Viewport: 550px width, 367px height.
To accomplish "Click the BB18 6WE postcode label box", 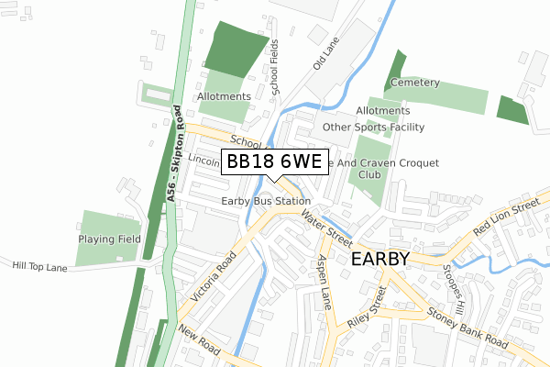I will (272, 162).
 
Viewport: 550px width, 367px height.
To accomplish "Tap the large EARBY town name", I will (379, 260).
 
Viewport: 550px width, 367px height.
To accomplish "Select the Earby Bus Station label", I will (266, 201).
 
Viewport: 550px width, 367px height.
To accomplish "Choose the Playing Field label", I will (107, 237).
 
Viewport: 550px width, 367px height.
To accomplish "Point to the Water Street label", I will (326, 228).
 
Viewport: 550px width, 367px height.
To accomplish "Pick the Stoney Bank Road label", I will (467, 328).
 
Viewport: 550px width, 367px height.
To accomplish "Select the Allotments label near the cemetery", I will (383, 111).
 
